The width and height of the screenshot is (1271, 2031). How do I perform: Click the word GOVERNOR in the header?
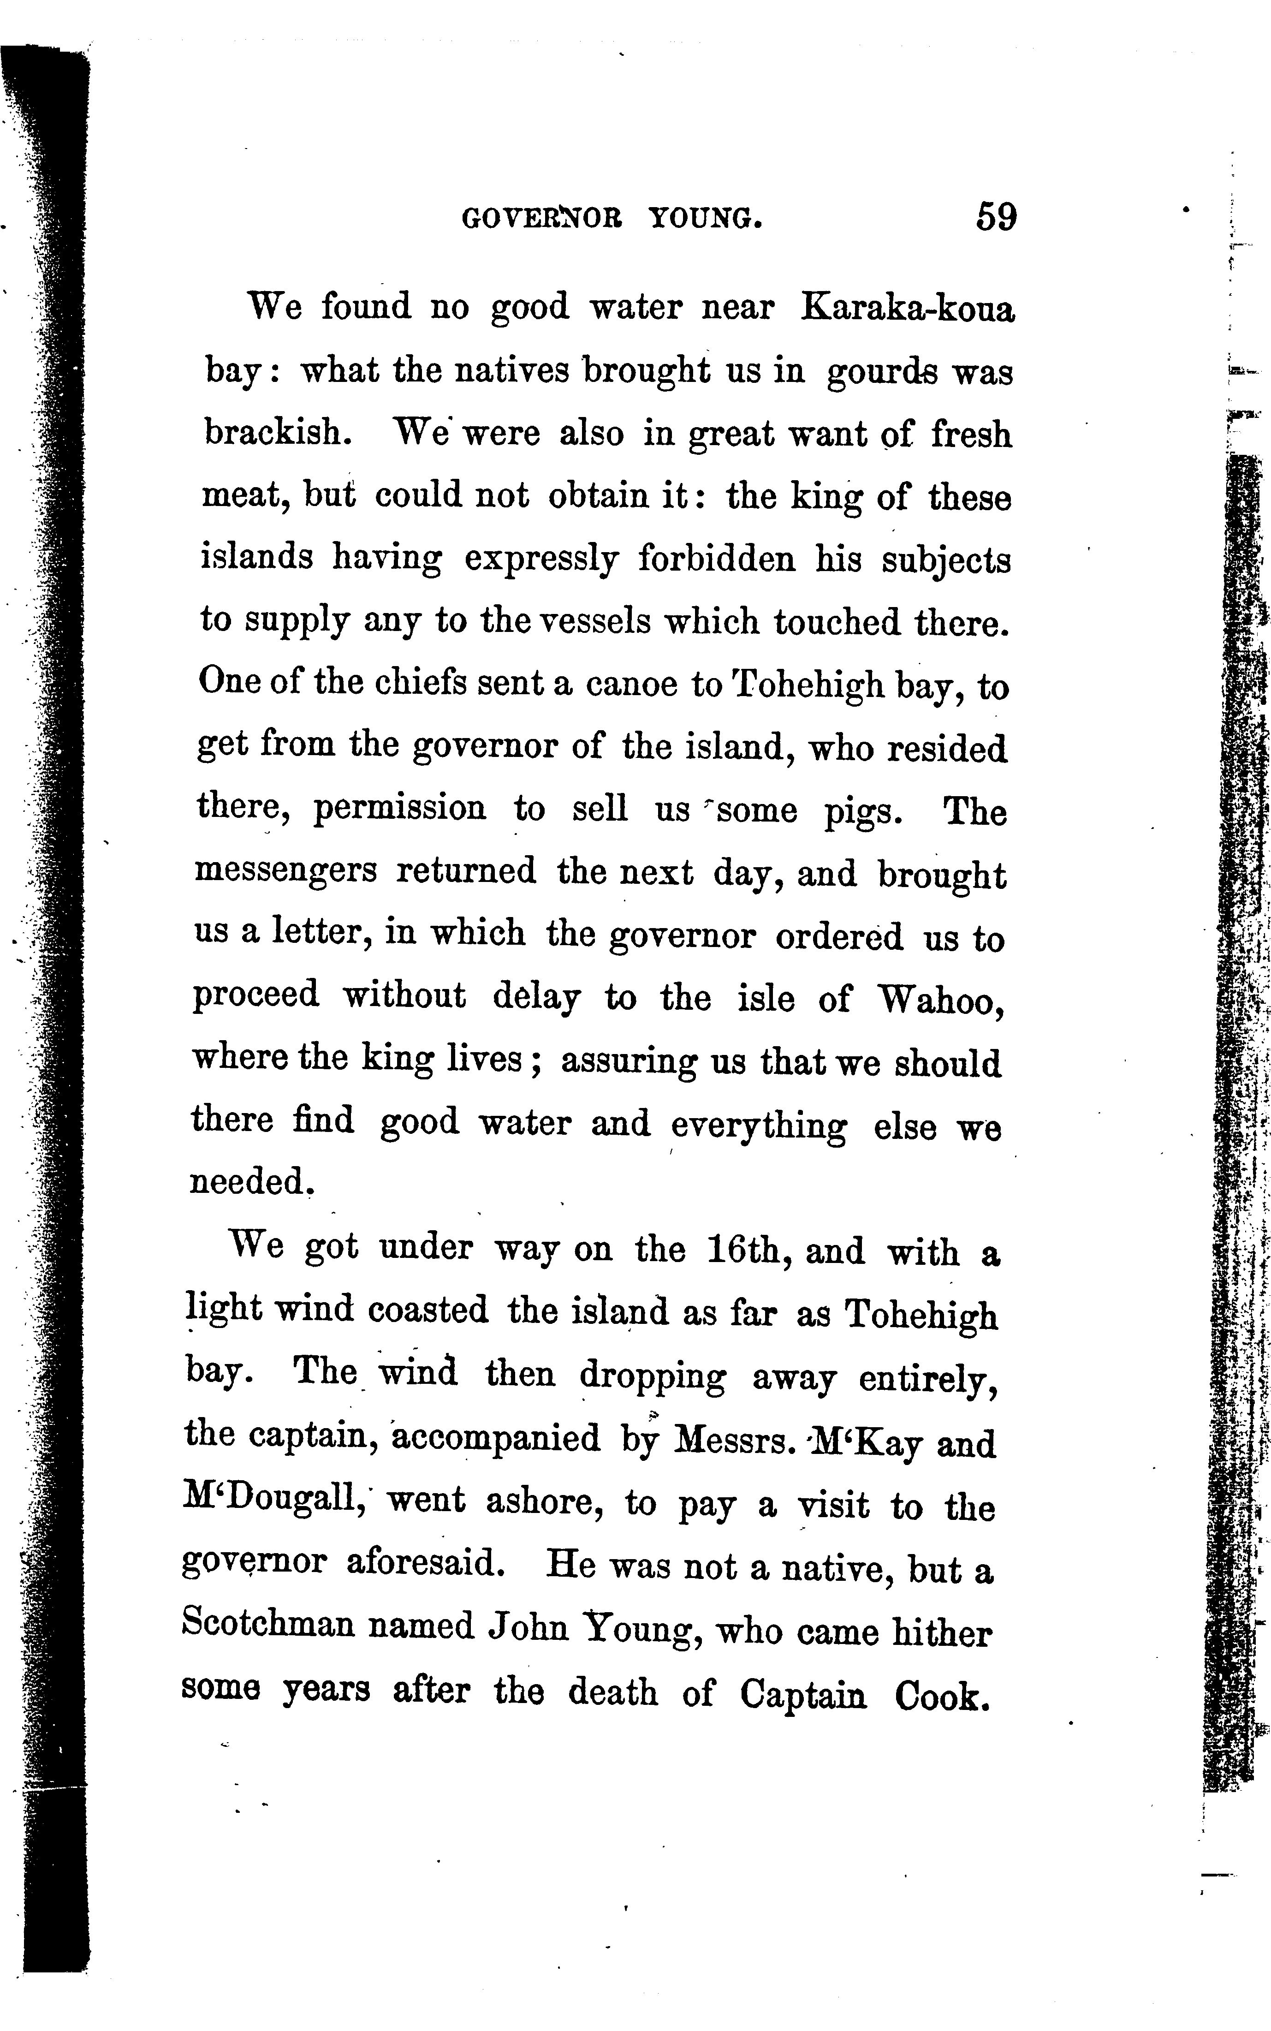(x=542, y=220)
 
